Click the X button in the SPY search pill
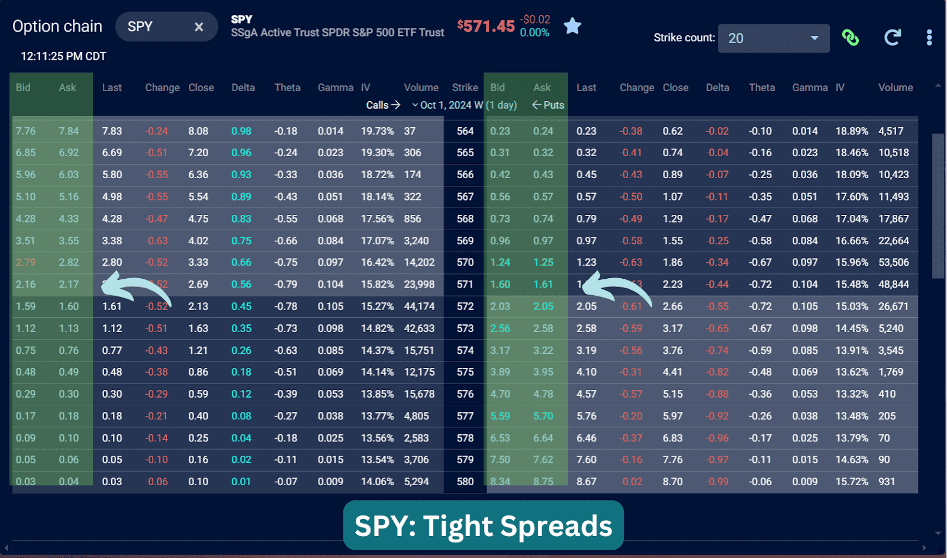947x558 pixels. (199, 27)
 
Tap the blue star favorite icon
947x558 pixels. (572, 26)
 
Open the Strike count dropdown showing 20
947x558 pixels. (773, 38)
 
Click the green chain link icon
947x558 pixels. (851, 38)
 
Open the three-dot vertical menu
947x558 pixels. (929, 38)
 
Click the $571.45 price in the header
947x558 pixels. (486, 26)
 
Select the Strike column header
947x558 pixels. (465, 88)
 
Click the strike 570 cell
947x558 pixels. (465, 262)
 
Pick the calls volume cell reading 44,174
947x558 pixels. (419, 307)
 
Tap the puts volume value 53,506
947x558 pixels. (893, 262)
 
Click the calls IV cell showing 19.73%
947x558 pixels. (377, 131)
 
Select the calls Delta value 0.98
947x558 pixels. (241, 131)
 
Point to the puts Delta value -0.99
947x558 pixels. (717, 482)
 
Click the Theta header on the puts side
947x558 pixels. (761, 88)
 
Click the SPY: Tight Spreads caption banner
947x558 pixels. (483, 525)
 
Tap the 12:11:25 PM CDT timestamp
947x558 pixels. (63, 56)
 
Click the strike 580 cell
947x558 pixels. (465, 482)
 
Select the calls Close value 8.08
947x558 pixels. (198, 131)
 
